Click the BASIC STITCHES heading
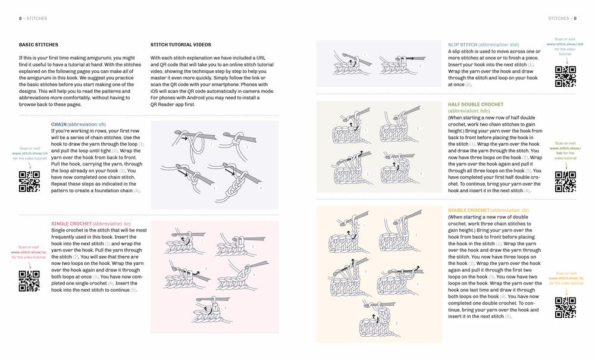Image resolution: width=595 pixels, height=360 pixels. [x=35, y=45]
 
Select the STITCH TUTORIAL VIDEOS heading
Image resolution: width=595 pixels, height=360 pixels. [x=180, y=45]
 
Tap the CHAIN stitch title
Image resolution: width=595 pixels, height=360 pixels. [x=59, y=124]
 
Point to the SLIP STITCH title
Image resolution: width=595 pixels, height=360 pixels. [x=462, y=45]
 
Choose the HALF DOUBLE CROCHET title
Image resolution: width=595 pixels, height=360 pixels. [x=475, y=104]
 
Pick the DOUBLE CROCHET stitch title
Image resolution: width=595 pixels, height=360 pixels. [x=469, y=211]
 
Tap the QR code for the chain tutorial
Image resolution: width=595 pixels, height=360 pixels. [x=30, y=181]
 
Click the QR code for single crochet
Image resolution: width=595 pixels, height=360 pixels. [x=29, y=280]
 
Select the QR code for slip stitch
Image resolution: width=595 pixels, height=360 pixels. [x=565, y=76]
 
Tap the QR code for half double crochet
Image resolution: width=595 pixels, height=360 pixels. [x=565, y=181]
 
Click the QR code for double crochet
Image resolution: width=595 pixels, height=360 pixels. [x=565, y=308]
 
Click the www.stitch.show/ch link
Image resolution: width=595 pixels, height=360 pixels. [x=29, y=153]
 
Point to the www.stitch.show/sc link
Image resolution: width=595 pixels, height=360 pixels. [x=29, y=252]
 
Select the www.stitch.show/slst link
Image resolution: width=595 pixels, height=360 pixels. [x=565, y=44]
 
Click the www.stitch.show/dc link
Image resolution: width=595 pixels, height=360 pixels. [x=565, y=278]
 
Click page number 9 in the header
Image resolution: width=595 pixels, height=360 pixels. [x=575, y=18]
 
